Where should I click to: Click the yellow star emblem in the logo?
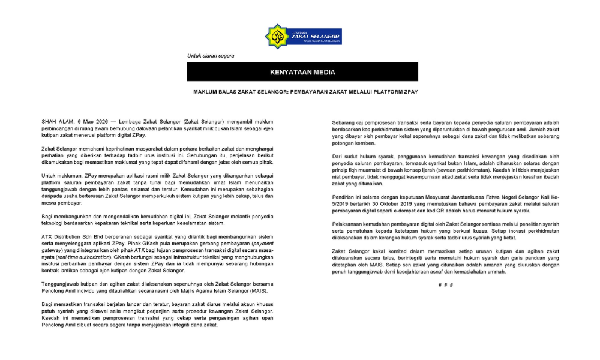pos(277,37)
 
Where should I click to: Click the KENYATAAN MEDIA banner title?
pos(302,73)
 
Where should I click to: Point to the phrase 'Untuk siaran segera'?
pos(211,56)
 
